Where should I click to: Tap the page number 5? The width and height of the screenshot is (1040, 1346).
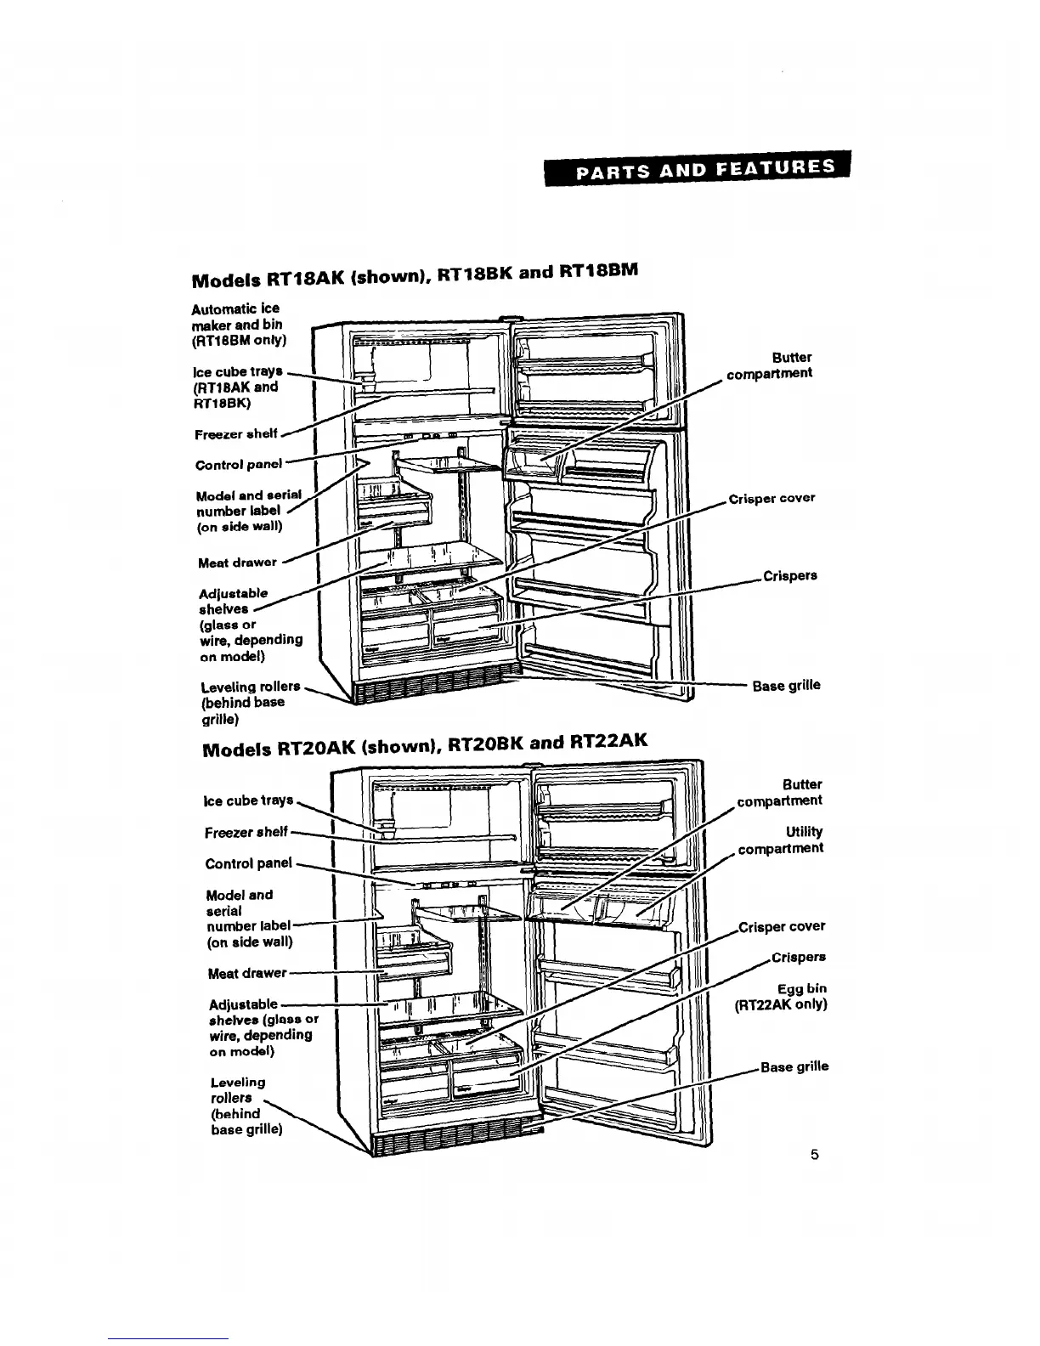click(x=814, y=1154)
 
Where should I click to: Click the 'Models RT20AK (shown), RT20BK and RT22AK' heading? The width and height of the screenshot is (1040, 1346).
click(x=425, y=746)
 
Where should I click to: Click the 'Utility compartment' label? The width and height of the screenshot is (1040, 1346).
click(x=781, y=840)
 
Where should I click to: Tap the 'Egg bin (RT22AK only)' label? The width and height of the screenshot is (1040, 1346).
click(x=781, y=996)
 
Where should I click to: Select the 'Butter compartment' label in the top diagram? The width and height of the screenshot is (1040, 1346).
click(x=770, y=365)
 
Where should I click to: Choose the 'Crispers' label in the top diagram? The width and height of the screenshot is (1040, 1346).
click(x=789, y=575)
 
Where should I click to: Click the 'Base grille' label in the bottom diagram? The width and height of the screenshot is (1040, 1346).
click(x=794, y=1066)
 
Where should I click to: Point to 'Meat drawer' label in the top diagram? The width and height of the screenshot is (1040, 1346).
click(x=237, y=562)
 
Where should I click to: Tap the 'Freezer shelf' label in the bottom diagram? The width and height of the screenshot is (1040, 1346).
click(x=246, y=832)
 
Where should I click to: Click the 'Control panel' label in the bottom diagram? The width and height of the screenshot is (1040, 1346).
click(x=248, y=863)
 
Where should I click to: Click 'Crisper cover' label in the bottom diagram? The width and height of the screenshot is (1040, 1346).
click(x=782, y=926)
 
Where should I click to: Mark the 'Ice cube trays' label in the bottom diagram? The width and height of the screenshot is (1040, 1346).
click(x=248, y=800)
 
